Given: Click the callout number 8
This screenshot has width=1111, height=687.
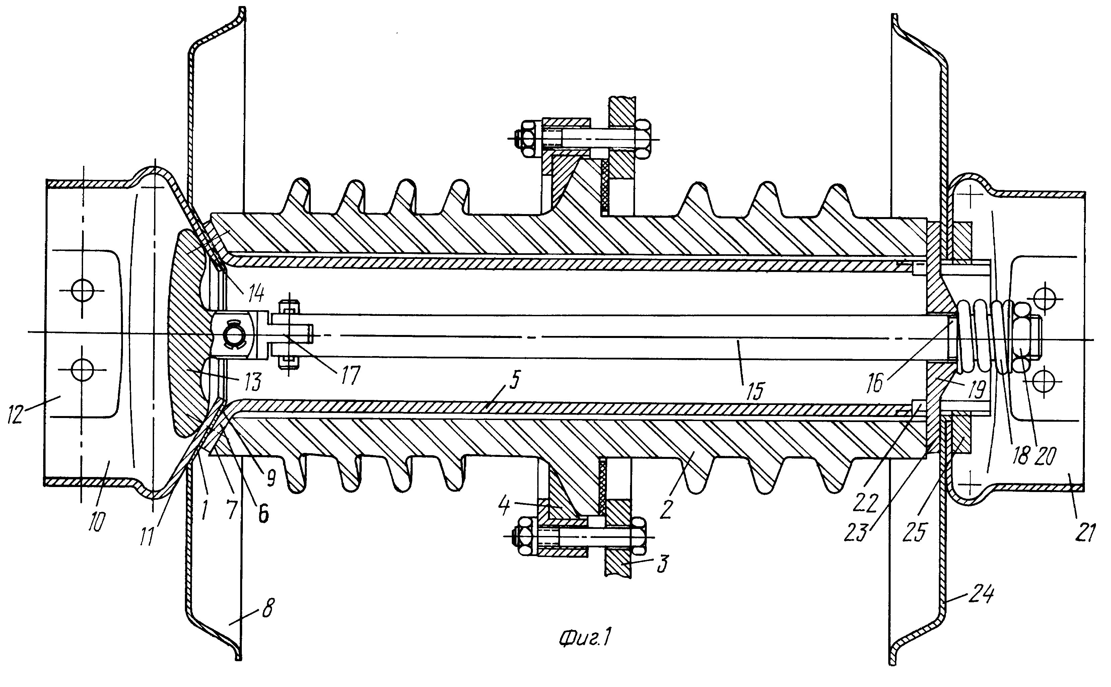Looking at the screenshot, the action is (x=268, y=608).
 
